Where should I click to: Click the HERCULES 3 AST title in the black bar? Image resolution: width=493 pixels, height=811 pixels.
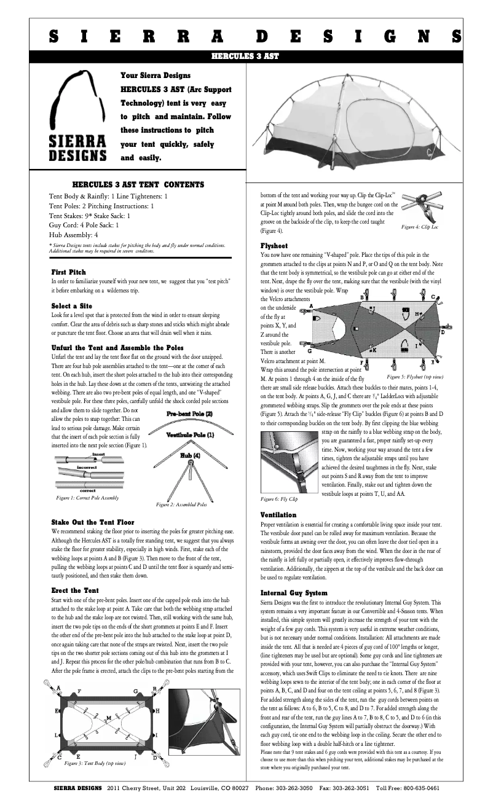245,56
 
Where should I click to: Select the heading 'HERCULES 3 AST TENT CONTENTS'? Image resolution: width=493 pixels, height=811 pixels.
138,184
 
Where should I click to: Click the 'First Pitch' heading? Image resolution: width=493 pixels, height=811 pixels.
69,272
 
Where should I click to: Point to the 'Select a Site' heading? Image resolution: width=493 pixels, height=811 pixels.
72,305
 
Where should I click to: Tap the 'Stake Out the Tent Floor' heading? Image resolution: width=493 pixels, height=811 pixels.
93,522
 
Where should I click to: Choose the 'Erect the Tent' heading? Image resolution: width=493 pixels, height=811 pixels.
75,590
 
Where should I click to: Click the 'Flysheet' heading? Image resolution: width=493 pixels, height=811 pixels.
274,245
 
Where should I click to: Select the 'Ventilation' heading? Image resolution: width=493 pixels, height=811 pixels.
278,515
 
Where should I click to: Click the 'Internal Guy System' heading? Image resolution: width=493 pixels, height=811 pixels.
294,593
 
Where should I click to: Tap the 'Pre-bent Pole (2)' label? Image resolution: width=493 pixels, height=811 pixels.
190,414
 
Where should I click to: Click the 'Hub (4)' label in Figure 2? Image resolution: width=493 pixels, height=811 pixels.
190,455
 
